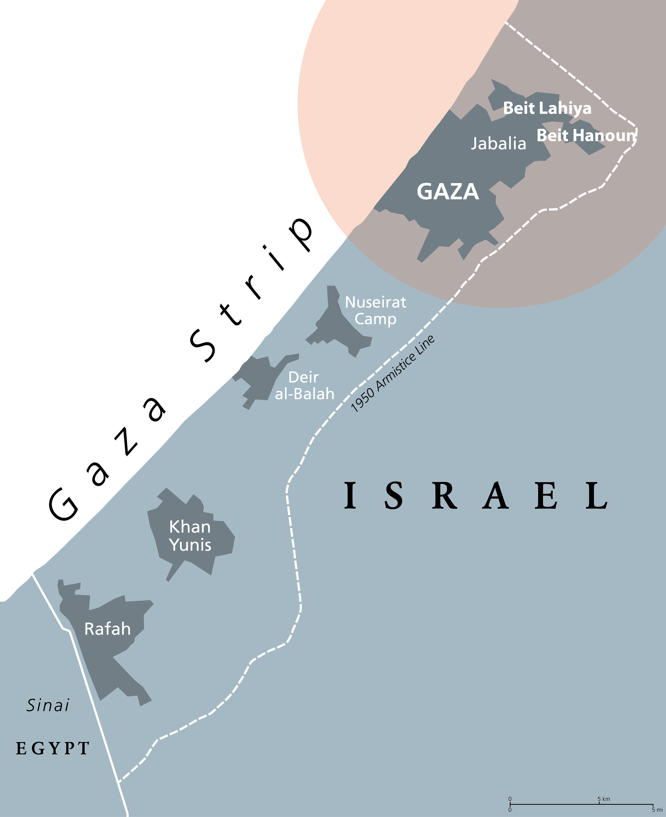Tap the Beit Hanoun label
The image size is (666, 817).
(x=586, y=135)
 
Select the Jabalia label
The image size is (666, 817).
(x=498, y=144)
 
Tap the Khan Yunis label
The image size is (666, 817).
(x=190, y=536)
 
